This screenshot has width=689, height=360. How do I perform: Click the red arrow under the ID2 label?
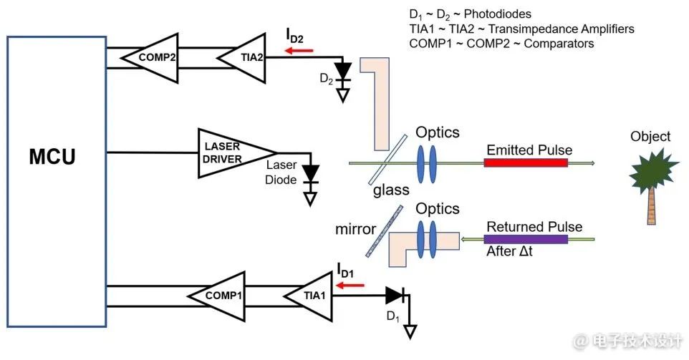coord(298,51)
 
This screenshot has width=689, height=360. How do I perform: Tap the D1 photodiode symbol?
coord(395,295)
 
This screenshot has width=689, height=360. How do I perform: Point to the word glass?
coord(391,190)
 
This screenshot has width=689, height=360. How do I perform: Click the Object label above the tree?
coord(650,136)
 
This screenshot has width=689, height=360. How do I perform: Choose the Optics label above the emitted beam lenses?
coord(437,132)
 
